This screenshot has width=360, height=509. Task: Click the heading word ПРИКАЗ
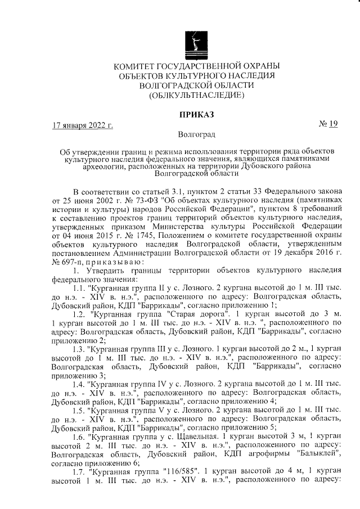pos(196,114)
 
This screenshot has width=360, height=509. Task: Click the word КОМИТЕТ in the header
pos(136,66)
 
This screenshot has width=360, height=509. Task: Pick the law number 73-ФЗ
pos(141,199)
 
